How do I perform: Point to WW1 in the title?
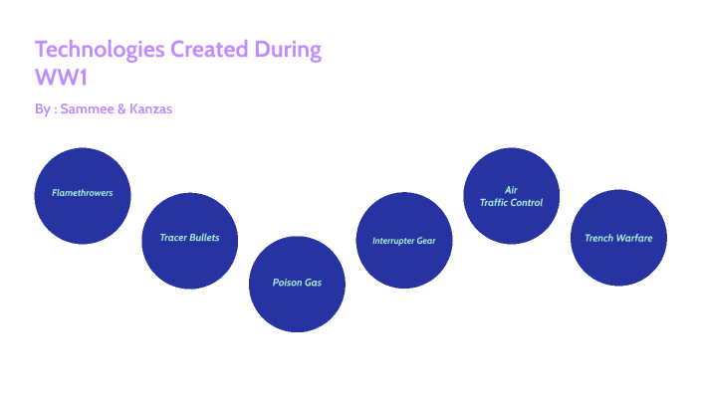55,77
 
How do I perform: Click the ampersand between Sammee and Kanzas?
121,108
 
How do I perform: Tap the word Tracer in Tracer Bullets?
174,238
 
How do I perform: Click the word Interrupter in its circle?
395,241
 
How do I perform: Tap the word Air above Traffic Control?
511,189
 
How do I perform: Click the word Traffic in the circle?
495,202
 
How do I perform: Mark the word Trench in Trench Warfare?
599,239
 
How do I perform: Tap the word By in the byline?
42,108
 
